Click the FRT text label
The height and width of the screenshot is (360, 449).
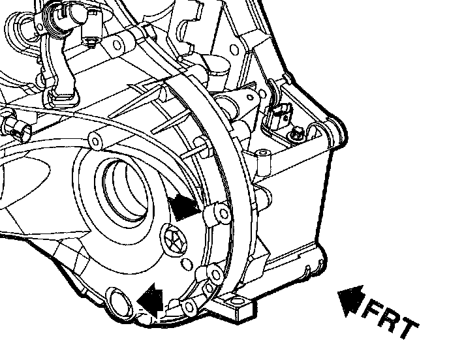pos(390,319)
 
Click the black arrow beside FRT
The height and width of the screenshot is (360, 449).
pos(350,301)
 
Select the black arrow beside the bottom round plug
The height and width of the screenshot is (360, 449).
pos(150,299)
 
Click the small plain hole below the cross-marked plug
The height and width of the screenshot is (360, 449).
pos(187,263)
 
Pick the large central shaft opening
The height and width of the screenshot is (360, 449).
pos(125,190)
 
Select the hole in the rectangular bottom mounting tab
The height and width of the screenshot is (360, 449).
pos(237,301)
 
